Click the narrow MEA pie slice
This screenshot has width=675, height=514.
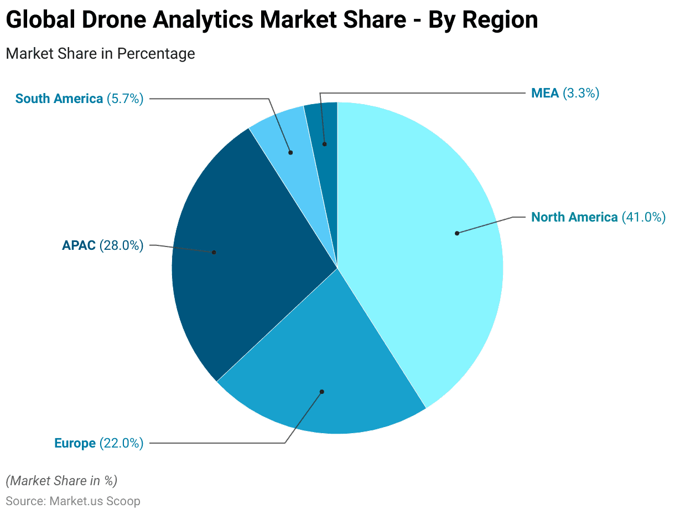tap(326, 127)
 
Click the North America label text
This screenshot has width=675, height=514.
tap(574, 217)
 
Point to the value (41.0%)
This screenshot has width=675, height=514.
tap(643, 217)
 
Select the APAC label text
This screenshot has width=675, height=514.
tap(79, 245)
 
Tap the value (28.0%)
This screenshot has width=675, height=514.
tap(121, 245)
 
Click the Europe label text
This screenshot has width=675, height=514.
tap(75, 443)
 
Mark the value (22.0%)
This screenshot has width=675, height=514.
tap(121, 443)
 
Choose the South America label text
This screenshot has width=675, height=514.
tap(59, 99)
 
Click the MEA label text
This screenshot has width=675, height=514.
tap(545, 93)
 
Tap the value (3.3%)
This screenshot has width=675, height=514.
tap(581, 93)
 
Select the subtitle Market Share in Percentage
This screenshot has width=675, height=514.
tap(100, 54)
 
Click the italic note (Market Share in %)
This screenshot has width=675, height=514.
tap(61, 480)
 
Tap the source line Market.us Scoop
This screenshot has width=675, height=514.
tap(73, 501)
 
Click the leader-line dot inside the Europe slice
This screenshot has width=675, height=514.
tap(322, 392)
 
